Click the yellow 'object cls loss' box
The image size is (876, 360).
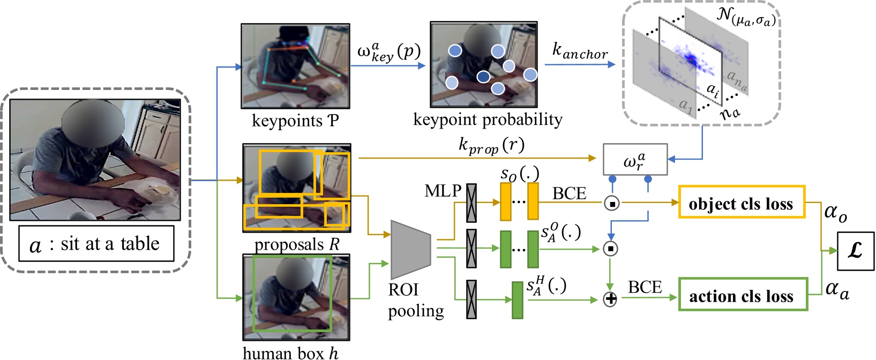(742, 202)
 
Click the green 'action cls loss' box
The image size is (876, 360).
(743, 294)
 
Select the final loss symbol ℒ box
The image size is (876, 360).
(855, 251)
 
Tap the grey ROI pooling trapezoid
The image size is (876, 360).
(411, 249)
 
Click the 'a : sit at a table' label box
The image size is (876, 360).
(96, 244)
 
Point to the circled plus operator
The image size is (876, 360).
(610, 299)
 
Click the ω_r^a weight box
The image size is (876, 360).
(635, 160)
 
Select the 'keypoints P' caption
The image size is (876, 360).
(295, 121)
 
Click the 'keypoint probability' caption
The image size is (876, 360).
(487, 119)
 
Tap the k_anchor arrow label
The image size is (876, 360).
(580, 51)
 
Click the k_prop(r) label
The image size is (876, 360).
(491, 145)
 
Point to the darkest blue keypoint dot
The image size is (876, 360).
(483, 77)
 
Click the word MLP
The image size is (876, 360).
(443, 191)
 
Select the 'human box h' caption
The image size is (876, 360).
(290, 352)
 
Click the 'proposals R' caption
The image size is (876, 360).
(297, 245)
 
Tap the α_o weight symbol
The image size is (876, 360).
(835, 213)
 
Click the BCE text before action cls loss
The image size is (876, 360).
(645, 287)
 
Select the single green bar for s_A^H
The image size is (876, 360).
(517, 300)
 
